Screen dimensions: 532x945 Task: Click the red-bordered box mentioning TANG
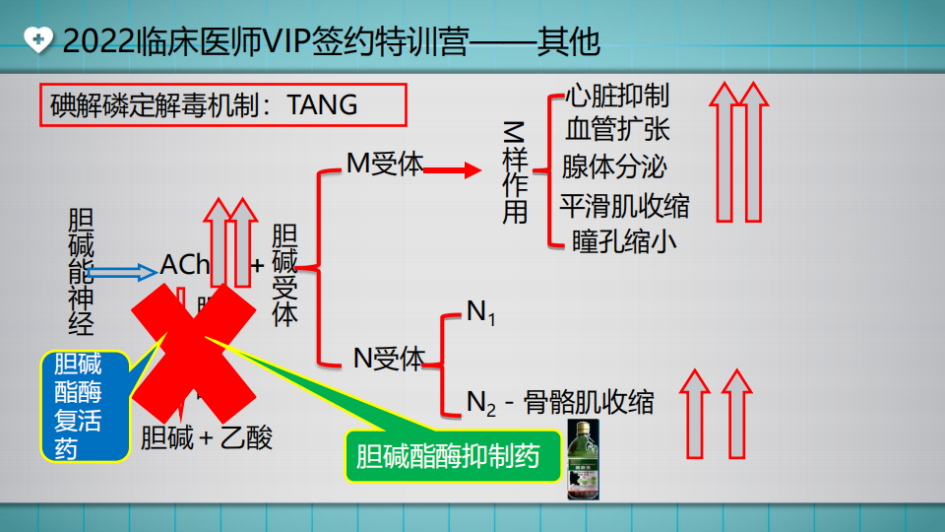pos(223,104)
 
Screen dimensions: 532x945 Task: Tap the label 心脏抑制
pos(617,96)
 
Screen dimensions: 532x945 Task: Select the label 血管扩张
pos(617,130)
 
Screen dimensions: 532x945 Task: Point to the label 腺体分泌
pos(614,166)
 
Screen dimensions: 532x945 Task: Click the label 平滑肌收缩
pos(624,206)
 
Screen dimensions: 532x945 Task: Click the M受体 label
pos(385,164)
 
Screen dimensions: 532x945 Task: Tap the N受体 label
pos(389,359)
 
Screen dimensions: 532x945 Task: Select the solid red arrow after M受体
pos(454,170)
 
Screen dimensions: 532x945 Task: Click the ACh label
pos(185,265)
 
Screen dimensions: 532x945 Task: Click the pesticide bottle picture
pos(588,459)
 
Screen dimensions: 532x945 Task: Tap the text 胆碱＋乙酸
pos(207,436)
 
